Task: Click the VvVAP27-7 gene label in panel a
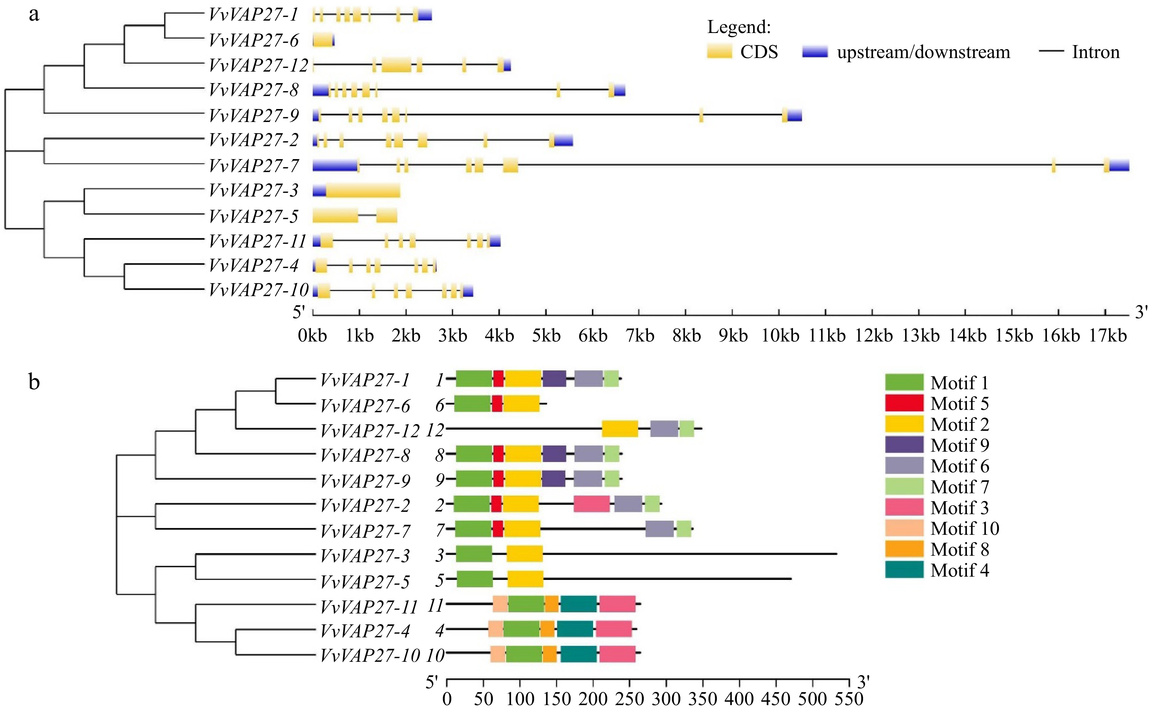pos(254,166)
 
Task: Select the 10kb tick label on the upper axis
pos(780,335)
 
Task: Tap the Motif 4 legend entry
pos(959,570)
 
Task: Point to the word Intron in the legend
pos(1096,52)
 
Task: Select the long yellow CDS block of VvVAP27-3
pos(363,190)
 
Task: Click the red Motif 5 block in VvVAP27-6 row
pos(497,403)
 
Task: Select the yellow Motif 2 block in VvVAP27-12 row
pos(620,428)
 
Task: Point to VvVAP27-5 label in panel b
pos(365,581)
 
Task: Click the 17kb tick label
pos(1108,335)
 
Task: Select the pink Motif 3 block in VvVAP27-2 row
pos(592,504)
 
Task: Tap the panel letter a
pos(34,14)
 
